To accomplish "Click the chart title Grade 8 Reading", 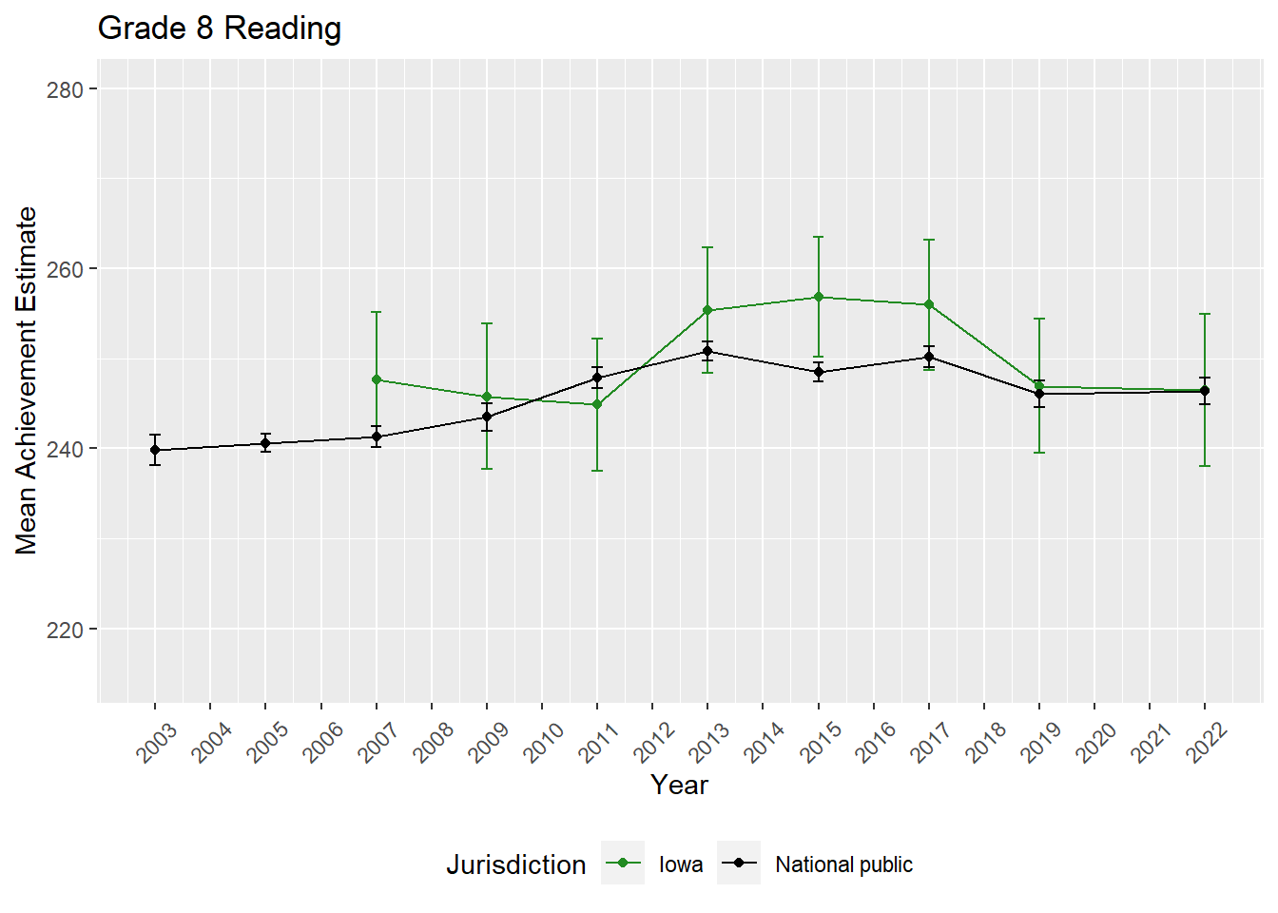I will click(x=220, y=29).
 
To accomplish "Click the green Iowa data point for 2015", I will click(x=818, y=297).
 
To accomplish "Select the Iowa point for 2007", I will click(x=377, y=379).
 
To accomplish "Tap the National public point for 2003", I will click(x=155, y=450).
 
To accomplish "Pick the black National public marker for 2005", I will click(x=265, y=443).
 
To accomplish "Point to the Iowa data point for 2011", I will click(x=597, y=404).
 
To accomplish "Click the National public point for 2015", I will click(x=818, y=373).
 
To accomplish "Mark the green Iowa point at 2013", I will click(x=707, y=310).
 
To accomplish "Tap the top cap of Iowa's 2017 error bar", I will click(x=929, y=240).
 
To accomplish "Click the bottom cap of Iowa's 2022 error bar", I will click(x=1205, y=466).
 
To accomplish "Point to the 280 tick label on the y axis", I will click(x=65, y=89).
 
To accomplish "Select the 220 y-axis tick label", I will click(x=65, y=630).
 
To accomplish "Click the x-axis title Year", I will click(x=679, y=785).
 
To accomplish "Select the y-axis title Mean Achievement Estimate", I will click(x=27, y=380).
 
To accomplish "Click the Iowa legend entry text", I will click(x=681, y=864).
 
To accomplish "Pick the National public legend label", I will click(x=843, y=864).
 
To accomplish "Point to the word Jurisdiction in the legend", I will click(x=516, y=864).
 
